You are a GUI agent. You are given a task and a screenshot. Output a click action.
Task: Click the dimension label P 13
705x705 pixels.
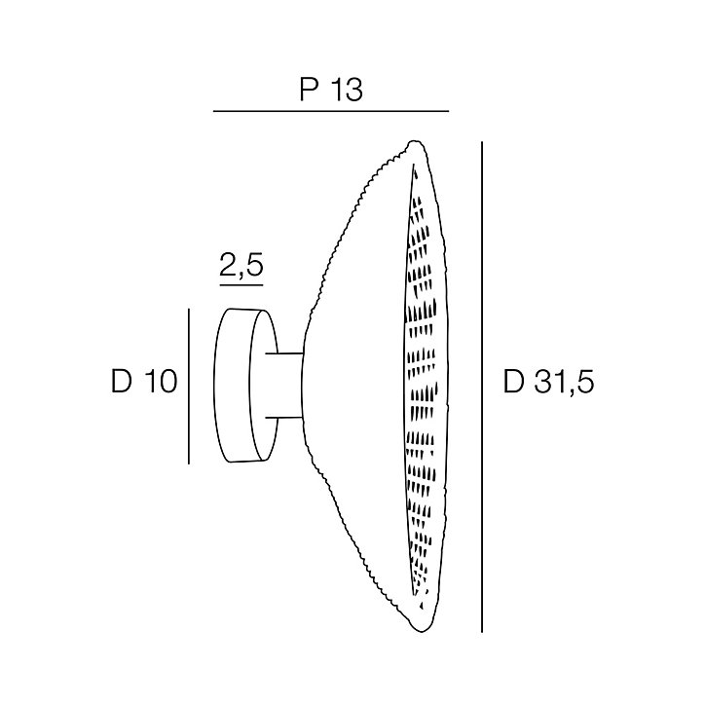pyautogui.click(x=331, y=90)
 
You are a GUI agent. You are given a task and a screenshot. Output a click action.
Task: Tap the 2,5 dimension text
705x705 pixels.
pyautogui.click(x=241, y=265)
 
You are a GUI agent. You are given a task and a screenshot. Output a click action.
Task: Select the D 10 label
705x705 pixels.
pyautogui.click(x=144, y=382)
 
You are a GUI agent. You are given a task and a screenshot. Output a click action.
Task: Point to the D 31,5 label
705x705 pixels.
pyautogui.click(x=548, y=382)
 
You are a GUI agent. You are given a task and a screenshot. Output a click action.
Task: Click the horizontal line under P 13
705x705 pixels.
pyautogui.click(x=331, y=111)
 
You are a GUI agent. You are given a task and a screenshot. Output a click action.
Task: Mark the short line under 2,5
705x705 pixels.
pyautogui.click(x=241, y=285)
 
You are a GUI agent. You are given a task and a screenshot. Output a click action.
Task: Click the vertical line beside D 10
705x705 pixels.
pyautogui.click(x=189, y=386)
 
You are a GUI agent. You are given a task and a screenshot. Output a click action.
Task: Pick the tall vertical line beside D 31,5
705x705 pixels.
pyautogui.click(x=482, y=388)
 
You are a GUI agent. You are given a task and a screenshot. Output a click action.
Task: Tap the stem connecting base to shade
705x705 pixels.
pyautogui.click(x=284, y=386)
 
